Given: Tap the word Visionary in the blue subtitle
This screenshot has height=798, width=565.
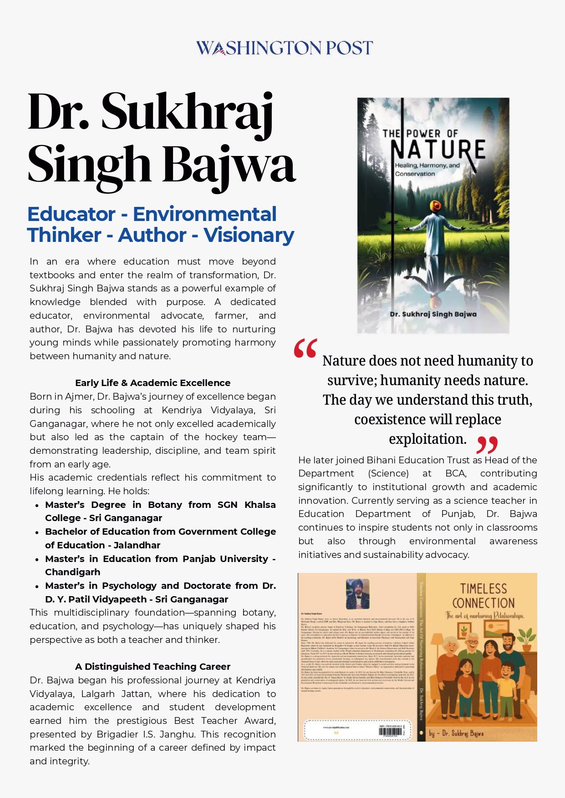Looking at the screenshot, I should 249,235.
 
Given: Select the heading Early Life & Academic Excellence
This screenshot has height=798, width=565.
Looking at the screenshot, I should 153,383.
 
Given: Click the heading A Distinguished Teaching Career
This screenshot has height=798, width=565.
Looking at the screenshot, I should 153,667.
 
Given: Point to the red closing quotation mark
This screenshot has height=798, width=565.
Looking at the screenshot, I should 487,445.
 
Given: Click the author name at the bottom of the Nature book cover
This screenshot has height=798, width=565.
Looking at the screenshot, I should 433,314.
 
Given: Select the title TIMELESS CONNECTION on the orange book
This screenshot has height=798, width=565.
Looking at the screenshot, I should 483,596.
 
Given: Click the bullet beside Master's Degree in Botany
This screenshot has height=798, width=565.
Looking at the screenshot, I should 37,505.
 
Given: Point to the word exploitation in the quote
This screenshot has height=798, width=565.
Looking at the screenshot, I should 427,439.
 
